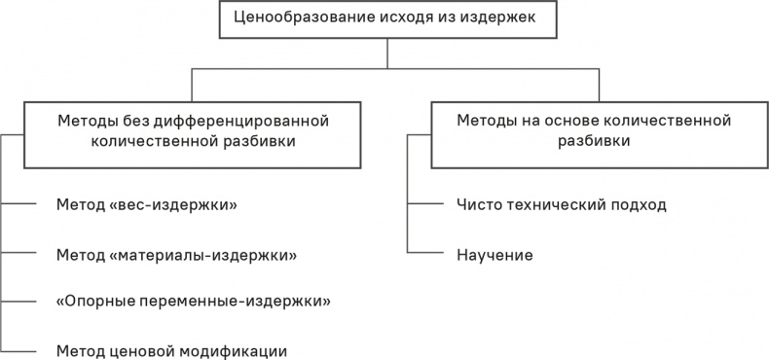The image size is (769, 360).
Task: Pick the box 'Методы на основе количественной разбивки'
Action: pyautogui.click(x=594, y=131)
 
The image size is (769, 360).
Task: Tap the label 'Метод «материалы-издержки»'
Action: pyautogui.click(x=176, y=255)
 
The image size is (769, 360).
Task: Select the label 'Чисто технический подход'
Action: pyautogui.click(x=562, y=205)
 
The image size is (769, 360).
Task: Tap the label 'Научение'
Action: pyautogui.click(x=494, y=255)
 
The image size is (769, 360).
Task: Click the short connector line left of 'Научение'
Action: pyautogui.click(x=424, y=255)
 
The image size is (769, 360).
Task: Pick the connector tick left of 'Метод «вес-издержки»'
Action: pyautogui.click(x=18, y=205)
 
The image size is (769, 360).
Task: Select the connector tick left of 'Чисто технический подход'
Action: pyautogui.click(x=424, y=205)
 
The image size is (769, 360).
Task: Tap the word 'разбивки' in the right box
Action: pyautogui.click(x=594, y=141)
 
